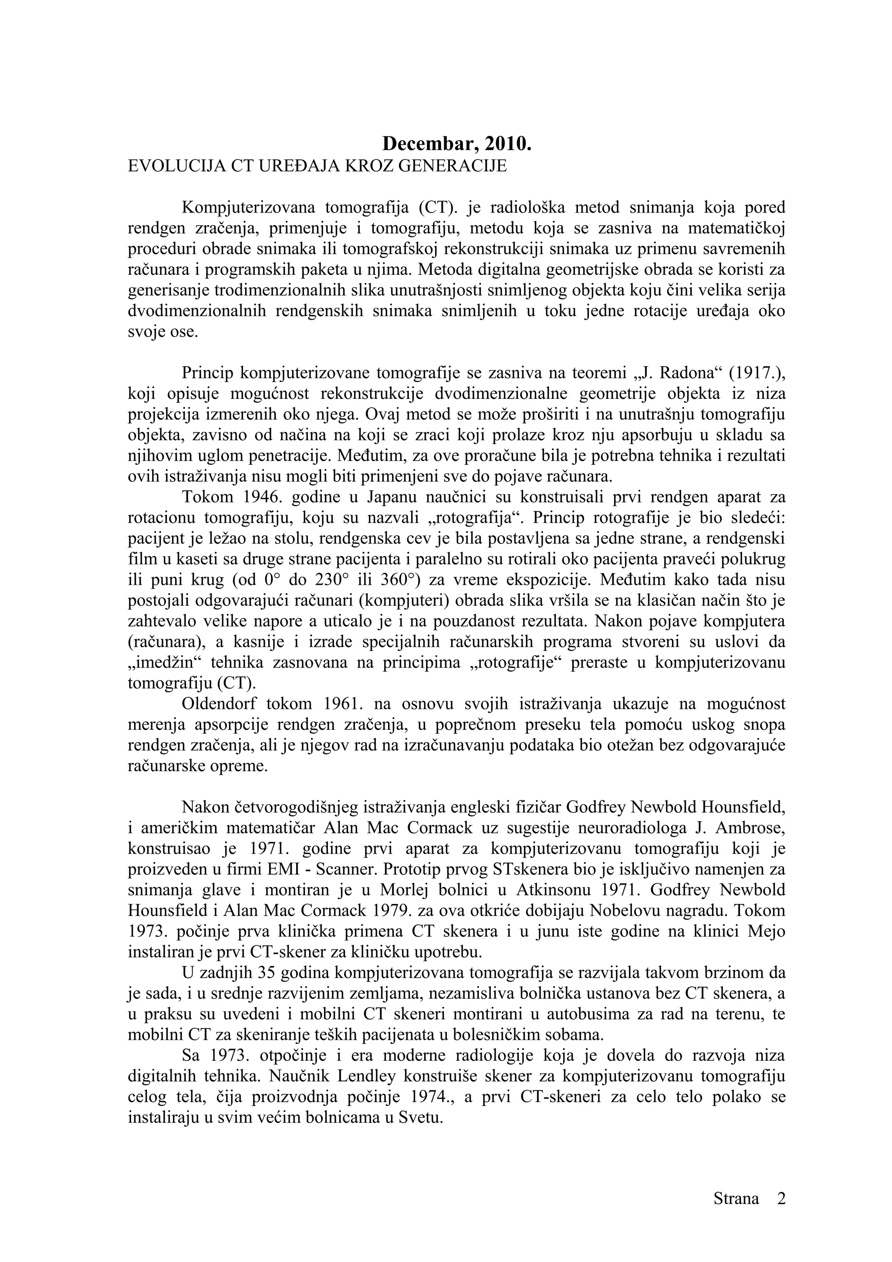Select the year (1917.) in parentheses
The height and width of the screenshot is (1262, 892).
pyautogui.click(x=757, y=373)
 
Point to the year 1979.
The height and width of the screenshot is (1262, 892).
pyautogui.click(x=392, y=911)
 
